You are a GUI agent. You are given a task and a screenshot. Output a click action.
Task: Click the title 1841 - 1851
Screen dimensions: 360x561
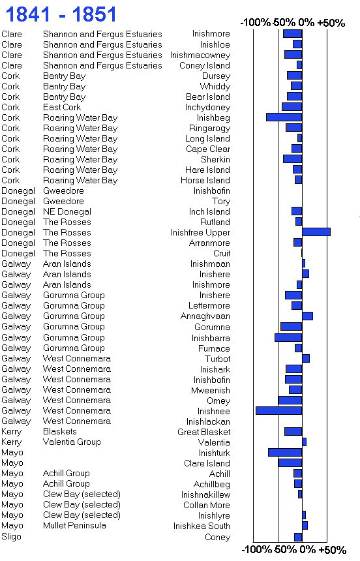[61, 14]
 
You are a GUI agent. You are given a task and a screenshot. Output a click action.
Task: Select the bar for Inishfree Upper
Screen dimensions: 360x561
[316, 232]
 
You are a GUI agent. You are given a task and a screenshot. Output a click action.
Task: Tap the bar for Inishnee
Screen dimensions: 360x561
[279, 410]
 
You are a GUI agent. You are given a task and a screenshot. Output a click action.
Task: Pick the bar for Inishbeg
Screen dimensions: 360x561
[284, 117]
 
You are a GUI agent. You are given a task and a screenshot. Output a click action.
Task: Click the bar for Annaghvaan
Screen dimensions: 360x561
[307, 316]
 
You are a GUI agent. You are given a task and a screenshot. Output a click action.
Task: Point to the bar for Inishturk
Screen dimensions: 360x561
[285, 452]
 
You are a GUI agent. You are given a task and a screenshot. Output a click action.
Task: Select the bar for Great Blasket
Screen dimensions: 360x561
[293, 431]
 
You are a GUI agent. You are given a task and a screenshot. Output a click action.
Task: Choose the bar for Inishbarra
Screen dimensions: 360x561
[288, 337]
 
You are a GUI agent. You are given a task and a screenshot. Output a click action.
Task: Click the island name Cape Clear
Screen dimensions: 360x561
[208, 149]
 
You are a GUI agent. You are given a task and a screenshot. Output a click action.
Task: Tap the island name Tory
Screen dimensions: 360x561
[221, 202]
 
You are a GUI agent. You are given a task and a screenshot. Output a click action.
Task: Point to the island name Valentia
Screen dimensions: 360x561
[214, 442]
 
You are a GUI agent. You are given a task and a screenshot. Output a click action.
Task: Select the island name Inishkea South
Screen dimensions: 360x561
[202, 526]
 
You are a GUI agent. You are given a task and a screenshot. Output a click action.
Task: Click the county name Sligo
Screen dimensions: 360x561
[12, 537]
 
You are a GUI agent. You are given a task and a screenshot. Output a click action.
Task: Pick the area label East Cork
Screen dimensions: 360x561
[62, 108]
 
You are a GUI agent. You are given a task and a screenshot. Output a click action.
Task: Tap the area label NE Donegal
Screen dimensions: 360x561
[67, 212]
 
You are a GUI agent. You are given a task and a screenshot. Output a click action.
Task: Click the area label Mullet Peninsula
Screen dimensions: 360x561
[74, 526]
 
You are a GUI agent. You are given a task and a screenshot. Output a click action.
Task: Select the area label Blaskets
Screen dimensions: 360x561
[60, 431]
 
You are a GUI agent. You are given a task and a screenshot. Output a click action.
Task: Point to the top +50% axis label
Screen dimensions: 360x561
[331, 23]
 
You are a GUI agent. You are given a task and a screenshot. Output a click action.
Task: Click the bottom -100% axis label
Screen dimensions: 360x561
[257, 549]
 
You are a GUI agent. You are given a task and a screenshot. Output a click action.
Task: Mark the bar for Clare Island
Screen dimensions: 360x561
[290, 462]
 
